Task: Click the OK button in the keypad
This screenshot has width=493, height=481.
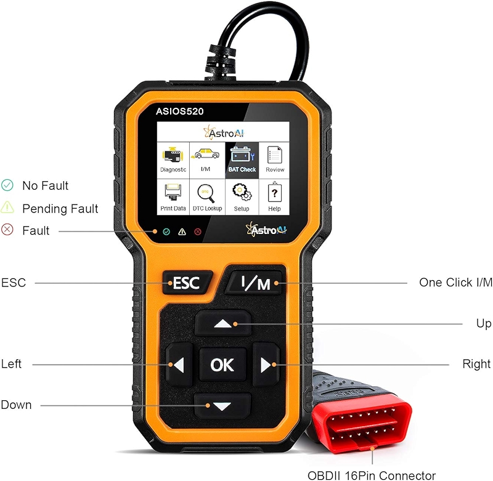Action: click(x=222, y=365)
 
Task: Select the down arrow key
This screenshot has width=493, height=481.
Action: click(x=222, y=406)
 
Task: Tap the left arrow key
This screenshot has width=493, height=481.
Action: click(x=178, y=365)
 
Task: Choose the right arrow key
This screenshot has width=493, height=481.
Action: click(x=266, y=365)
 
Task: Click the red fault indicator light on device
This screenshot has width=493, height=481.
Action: click(x=198, y=232)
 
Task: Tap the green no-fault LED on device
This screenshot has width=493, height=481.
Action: click(x=166, y=232)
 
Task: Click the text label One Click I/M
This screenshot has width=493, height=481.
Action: click(x=455, y=283)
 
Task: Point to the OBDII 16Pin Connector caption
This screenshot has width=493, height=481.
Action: click(x=372, y=475)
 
